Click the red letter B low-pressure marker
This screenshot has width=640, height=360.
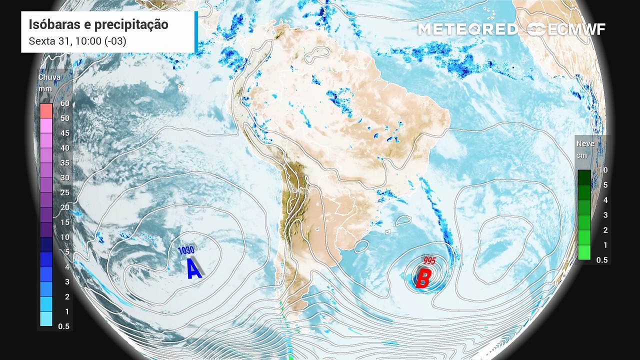(x=423, y=279)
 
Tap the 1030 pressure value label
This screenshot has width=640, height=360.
(x=185, y=249)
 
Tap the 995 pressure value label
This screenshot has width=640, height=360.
(x=429, y=260)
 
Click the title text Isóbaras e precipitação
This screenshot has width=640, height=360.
(x=98, y=24)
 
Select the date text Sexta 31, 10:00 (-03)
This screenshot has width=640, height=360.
(x=77, y=41)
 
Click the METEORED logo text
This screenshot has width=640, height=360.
(x=467, y=29)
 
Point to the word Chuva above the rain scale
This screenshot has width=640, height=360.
(x=49, y=77)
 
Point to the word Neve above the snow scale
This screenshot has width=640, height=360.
(x=585, y=143)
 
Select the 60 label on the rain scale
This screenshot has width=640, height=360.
(x=64, y=103)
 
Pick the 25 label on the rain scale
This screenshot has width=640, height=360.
(x=64, y=192)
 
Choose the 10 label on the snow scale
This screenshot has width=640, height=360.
(x=603, y=170)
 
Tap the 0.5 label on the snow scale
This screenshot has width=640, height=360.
(x=602, y=260)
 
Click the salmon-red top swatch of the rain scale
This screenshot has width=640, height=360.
(x=46, y=110)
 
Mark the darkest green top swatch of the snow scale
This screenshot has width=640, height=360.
(x=584, y=177)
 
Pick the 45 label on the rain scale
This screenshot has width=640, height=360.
(x=64, y=133)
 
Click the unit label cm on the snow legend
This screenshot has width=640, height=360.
(x=581, y=155)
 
